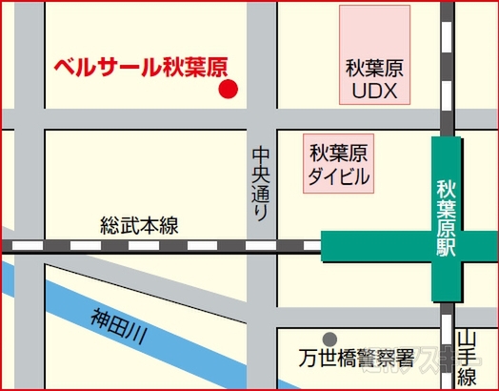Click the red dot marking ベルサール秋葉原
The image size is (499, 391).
[x=228, y=90]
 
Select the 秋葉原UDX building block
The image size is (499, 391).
[x=374, y=55]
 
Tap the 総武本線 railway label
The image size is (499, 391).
[x=139, y=226]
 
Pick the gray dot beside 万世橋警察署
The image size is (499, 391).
[x=329, y=339]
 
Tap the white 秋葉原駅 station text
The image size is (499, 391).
[x=449, y=218]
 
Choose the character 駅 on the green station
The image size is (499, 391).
[x=449, y=250]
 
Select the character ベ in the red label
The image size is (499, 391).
[x=65, y=69]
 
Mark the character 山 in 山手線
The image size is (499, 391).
[x=466, y=340]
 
